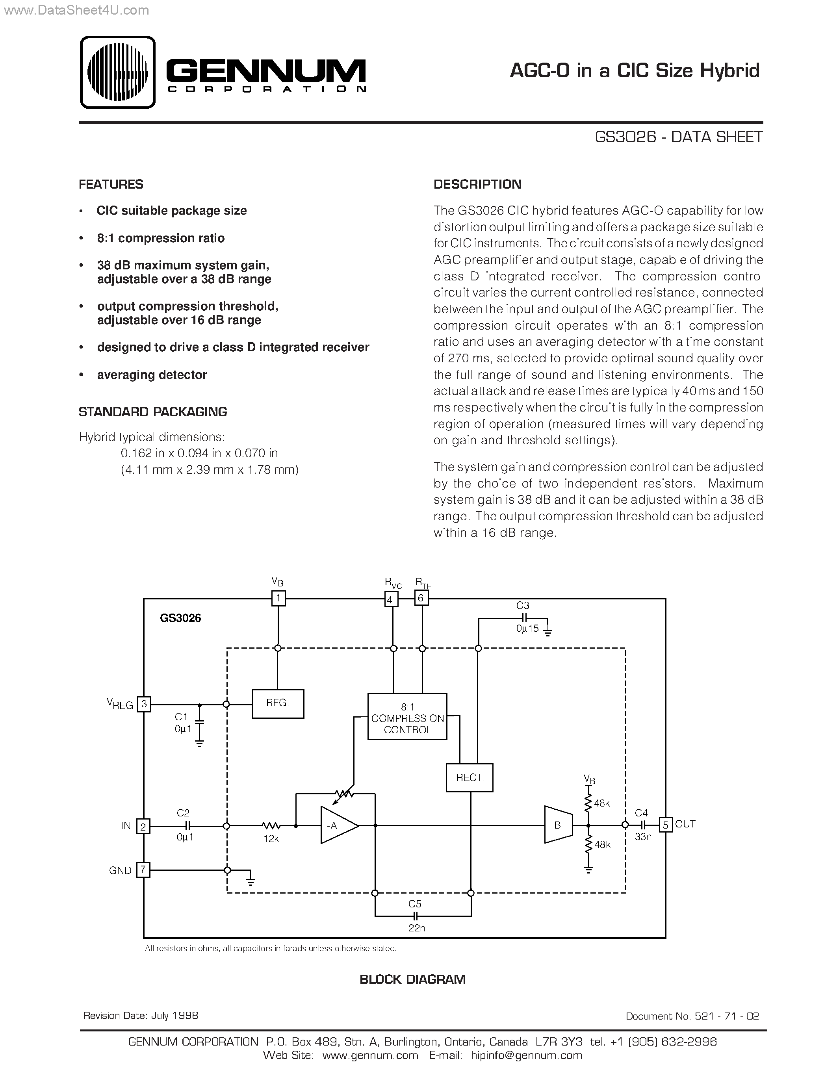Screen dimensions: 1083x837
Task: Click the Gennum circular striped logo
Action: (x=117, y=72)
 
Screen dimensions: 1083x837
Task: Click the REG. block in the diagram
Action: (x=278, y=703)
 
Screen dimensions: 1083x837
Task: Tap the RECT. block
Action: (x=469, y=777)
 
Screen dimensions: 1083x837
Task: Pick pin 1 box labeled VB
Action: (x=278, y=599)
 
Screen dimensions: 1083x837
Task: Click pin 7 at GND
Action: (x=143, y=870)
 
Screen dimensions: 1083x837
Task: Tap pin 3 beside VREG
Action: (x=144, y=704)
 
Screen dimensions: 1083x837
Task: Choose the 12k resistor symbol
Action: (x=271, y=825)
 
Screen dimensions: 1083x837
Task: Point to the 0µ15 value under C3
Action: (x=527, y=628)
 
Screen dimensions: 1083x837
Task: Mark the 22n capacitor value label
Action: (x=416, y=928)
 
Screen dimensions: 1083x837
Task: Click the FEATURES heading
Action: (x=111, y=184)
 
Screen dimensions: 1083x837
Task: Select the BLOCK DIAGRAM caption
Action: (x=412, y=979)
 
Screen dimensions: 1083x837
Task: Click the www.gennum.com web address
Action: (x=370, y=1055)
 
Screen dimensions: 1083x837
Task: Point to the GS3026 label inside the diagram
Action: (x=180, y=618)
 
